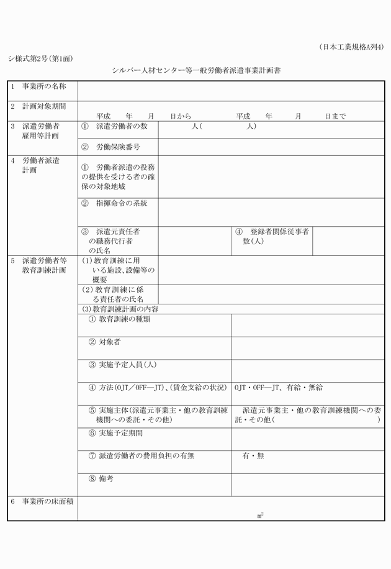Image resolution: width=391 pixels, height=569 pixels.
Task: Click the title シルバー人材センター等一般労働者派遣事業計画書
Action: click(x=195, y=71)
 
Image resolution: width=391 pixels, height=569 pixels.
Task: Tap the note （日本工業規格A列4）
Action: click(x=351, y=47)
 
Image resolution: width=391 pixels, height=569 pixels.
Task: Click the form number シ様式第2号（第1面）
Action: click(x=40, y=59)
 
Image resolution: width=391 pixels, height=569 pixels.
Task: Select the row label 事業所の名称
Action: click(x=43, y=86)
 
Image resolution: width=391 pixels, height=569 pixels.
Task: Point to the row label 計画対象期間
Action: click(x=43, y=106)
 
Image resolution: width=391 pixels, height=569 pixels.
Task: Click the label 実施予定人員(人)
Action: click(x=122, y=365)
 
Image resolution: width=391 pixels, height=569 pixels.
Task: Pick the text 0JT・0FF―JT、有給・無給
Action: click(x=279, y=388)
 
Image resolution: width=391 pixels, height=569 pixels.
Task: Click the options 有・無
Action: click(x=253, y=455)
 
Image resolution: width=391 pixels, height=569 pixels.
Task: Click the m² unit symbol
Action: click(x=261, y=515)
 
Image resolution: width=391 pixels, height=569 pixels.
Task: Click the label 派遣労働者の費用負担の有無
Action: click(x=141, y=455)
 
